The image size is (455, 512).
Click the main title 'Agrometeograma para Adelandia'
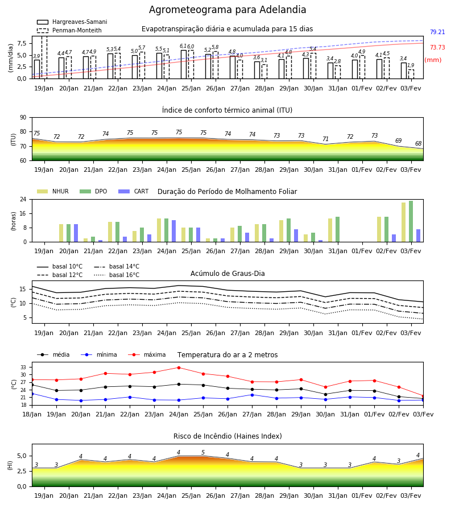[227, 10]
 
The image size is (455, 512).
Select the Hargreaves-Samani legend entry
[72, 22]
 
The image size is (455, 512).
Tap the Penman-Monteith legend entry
[69, 30]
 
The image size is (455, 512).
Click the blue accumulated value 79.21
[437, 32]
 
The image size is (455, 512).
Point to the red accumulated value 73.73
[437, 47]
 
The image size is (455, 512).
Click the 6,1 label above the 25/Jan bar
[183, 46]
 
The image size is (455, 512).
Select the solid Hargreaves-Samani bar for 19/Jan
[37, 69]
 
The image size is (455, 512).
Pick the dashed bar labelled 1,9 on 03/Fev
[411, 74]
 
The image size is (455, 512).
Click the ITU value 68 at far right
[419, 143]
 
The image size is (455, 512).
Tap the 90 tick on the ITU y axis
[23, 118]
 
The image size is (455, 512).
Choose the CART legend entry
[134, 191]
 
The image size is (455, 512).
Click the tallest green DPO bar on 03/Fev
[411, 221]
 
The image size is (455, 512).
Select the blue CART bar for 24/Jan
[174, 231]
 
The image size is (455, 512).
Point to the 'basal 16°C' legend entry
[117, 275]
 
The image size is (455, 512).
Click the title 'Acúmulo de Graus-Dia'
[227, 273]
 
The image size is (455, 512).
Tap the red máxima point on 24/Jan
[179, 368]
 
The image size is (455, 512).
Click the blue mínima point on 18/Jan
[32, 394]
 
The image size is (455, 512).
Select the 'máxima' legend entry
[147, 354]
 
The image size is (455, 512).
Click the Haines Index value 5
[203, 453]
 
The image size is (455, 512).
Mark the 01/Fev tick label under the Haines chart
[362, 496]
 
